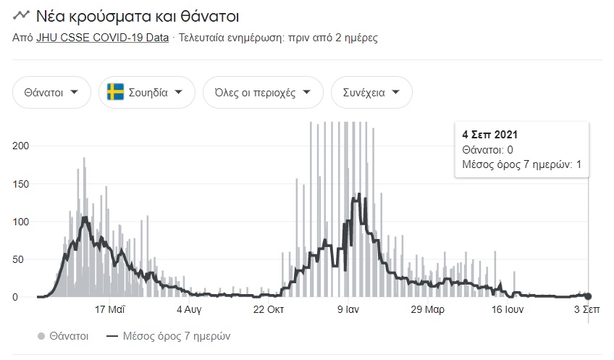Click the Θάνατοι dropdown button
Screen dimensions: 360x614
[51, 93]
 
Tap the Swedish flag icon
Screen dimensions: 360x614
[115, 93]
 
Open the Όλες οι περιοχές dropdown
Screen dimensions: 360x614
[263, 93]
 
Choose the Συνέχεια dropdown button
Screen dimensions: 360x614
[371, 93]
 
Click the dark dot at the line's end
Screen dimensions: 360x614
[588, 296]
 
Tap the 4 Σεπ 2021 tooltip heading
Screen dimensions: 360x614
[489, 135]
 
